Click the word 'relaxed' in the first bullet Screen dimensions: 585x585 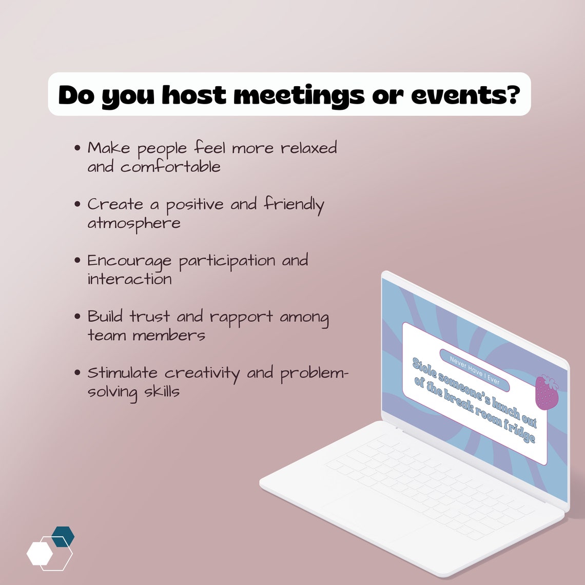(308, 148)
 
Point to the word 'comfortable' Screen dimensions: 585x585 (170, 167)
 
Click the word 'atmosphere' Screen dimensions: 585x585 (133, 224)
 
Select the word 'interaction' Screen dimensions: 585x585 (129, 279)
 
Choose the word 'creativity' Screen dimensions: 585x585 (202, 374)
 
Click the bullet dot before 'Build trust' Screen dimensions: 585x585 (77, 316)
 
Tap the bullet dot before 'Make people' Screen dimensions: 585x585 (77, 148)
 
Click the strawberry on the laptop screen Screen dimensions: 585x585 (547, 393)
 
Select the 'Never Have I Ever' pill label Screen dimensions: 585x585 (474, 370)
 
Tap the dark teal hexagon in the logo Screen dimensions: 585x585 (63, 536)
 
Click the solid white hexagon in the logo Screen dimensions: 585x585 (40, 553)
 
